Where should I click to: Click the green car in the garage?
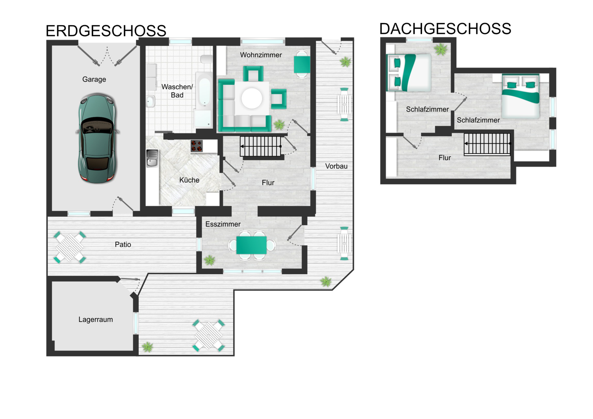[98, 138]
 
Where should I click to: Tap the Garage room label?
[94, 79]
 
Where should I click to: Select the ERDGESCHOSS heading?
[106, 31]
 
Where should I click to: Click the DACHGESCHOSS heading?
[445, 28]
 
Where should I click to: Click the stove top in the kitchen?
[197, 146]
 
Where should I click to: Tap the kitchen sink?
[152, 158]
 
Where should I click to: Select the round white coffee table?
[252, 98]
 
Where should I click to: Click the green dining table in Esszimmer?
[251, 245]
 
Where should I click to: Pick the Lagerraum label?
[96, 319]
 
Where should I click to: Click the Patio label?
[123, 244]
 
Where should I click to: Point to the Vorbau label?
[336, 166]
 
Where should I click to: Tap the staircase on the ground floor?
[261, 146]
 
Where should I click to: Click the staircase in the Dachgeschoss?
[487, 144]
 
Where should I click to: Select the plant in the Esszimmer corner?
[209, 260]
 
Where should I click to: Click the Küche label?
[189, 180]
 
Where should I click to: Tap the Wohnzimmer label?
[261, 55]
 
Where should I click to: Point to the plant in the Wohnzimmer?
[279, 124]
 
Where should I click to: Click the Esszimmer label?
[223, 224]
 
